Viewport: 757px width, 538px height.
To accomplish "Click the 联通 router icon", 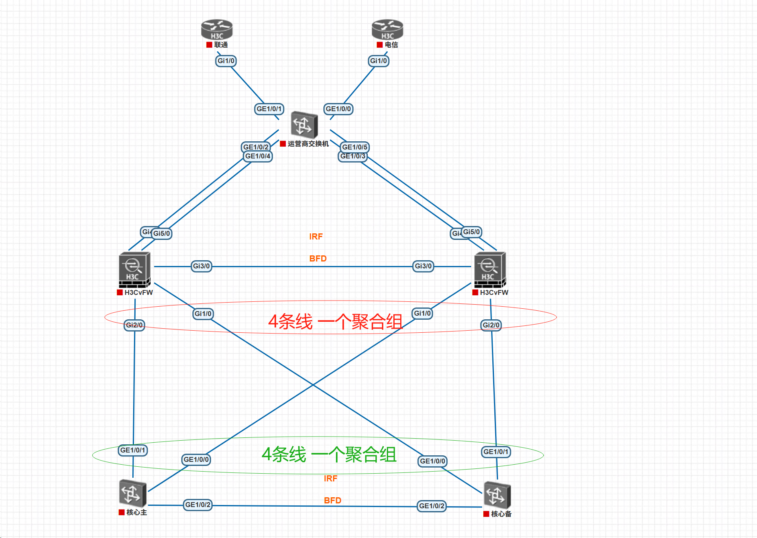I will pyautogui.click(x=217, y=29).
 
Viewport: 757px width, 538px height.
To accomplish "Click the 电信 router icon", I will pyautogui.click(x=387, y=29).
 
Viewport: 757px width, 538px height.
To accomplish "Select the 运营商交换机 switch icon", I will pyautogui.click(x=304, y=125).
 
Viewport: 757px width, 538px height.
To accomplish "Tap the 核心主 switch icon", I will pyautogui.click(x=132, y=493).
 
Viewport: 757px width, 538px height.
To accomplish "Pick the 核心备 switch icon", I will pyautogui.click(x=497, y=495).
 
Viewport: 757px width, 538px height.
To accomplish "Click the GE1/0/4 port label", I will pyautogui.click(x=258, y=156).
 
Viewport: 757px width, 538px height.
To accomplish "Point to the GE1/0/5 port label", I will pyautogui.click(x=355, y=147).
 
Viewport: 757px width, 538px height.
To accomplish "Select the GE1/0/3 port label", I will pyautogui.click(x=353, y=156).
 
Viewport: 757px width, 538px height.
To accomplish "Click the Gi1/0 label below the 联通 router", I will pyautogui.click(x=226, y=61).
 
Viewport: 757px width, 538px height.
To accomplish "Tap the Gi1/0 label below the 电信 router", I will pyautogui.click(x=378, y=61).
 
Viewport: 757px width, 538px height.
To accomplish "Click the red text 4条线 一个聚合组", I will pyautogui.click(x=335, y=322).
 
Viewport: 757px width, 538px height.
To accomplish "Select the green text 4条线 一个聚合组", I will pyautogui.click(x=329, y=455).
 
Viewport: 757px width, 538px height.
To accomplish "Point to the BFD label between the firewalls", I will pyautogui.click(x=318, y=259).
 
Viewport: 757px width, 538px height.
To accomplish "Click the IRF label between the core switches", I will pyautogui.click(x=331, y=479).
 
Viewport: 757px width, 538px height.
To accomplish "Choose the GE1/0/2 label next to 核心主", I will pyautogui.click(x=198, y=505).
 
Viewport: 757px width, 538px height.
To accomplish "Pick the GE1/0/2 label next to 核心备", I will pyautogui.click(x=432, y=506).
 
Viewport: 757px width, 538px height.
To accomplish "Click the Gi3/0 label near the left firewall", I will pyautogui.click(x=201, y=266).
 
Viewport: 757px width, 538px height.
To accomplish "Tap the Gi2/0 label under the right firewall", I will pyautogui.click(x=491, y=325).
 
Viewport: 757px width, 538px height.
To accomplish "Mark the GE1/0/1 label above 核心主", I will pyautogui.click(x=133, y=450).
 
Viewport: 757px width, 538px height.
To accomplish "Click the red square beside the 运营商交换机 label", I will pyautogui.click(x=283, y=144).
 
